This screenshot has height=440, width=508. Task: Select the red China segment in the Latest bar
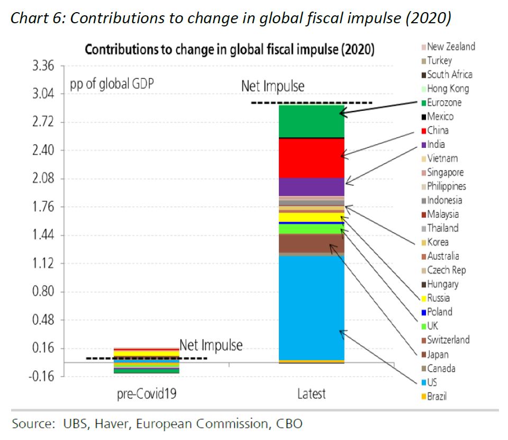(x=311, y=158)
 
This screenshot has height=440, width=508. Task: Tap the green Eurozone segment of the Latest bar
(x=311, y=121)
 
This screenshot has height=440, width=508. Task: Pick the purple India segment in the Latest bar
(x=311, y=186)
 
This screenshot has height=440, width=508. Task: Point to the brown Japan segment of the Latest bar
(x=311, y=243)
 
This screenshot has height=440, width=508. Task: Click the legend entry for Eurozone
(x=444, y=102)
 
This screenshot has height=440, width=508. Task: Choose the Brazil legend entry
(x=437, y=396)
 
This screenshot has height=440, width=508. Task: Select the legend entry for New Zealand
(x=451, y=46)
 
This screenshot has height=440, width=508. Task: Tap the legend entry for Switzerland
(x=448, y=340)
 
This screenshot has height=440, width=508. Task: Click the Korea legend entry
(x=438, y=242)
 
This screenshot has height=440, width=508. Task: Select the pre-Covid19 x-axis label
(x=146, y=394)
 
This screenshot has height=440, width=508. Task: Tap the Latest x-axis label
(x=311, y=394)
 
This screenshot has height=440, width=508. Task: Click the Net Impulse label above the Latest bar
(x=273, y=86)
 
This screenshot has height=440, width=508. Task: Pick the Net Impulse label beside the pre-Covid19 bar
(x=211, y=345)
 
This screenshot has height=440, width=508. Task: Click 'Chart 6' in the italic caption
(x=37, y=18)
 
